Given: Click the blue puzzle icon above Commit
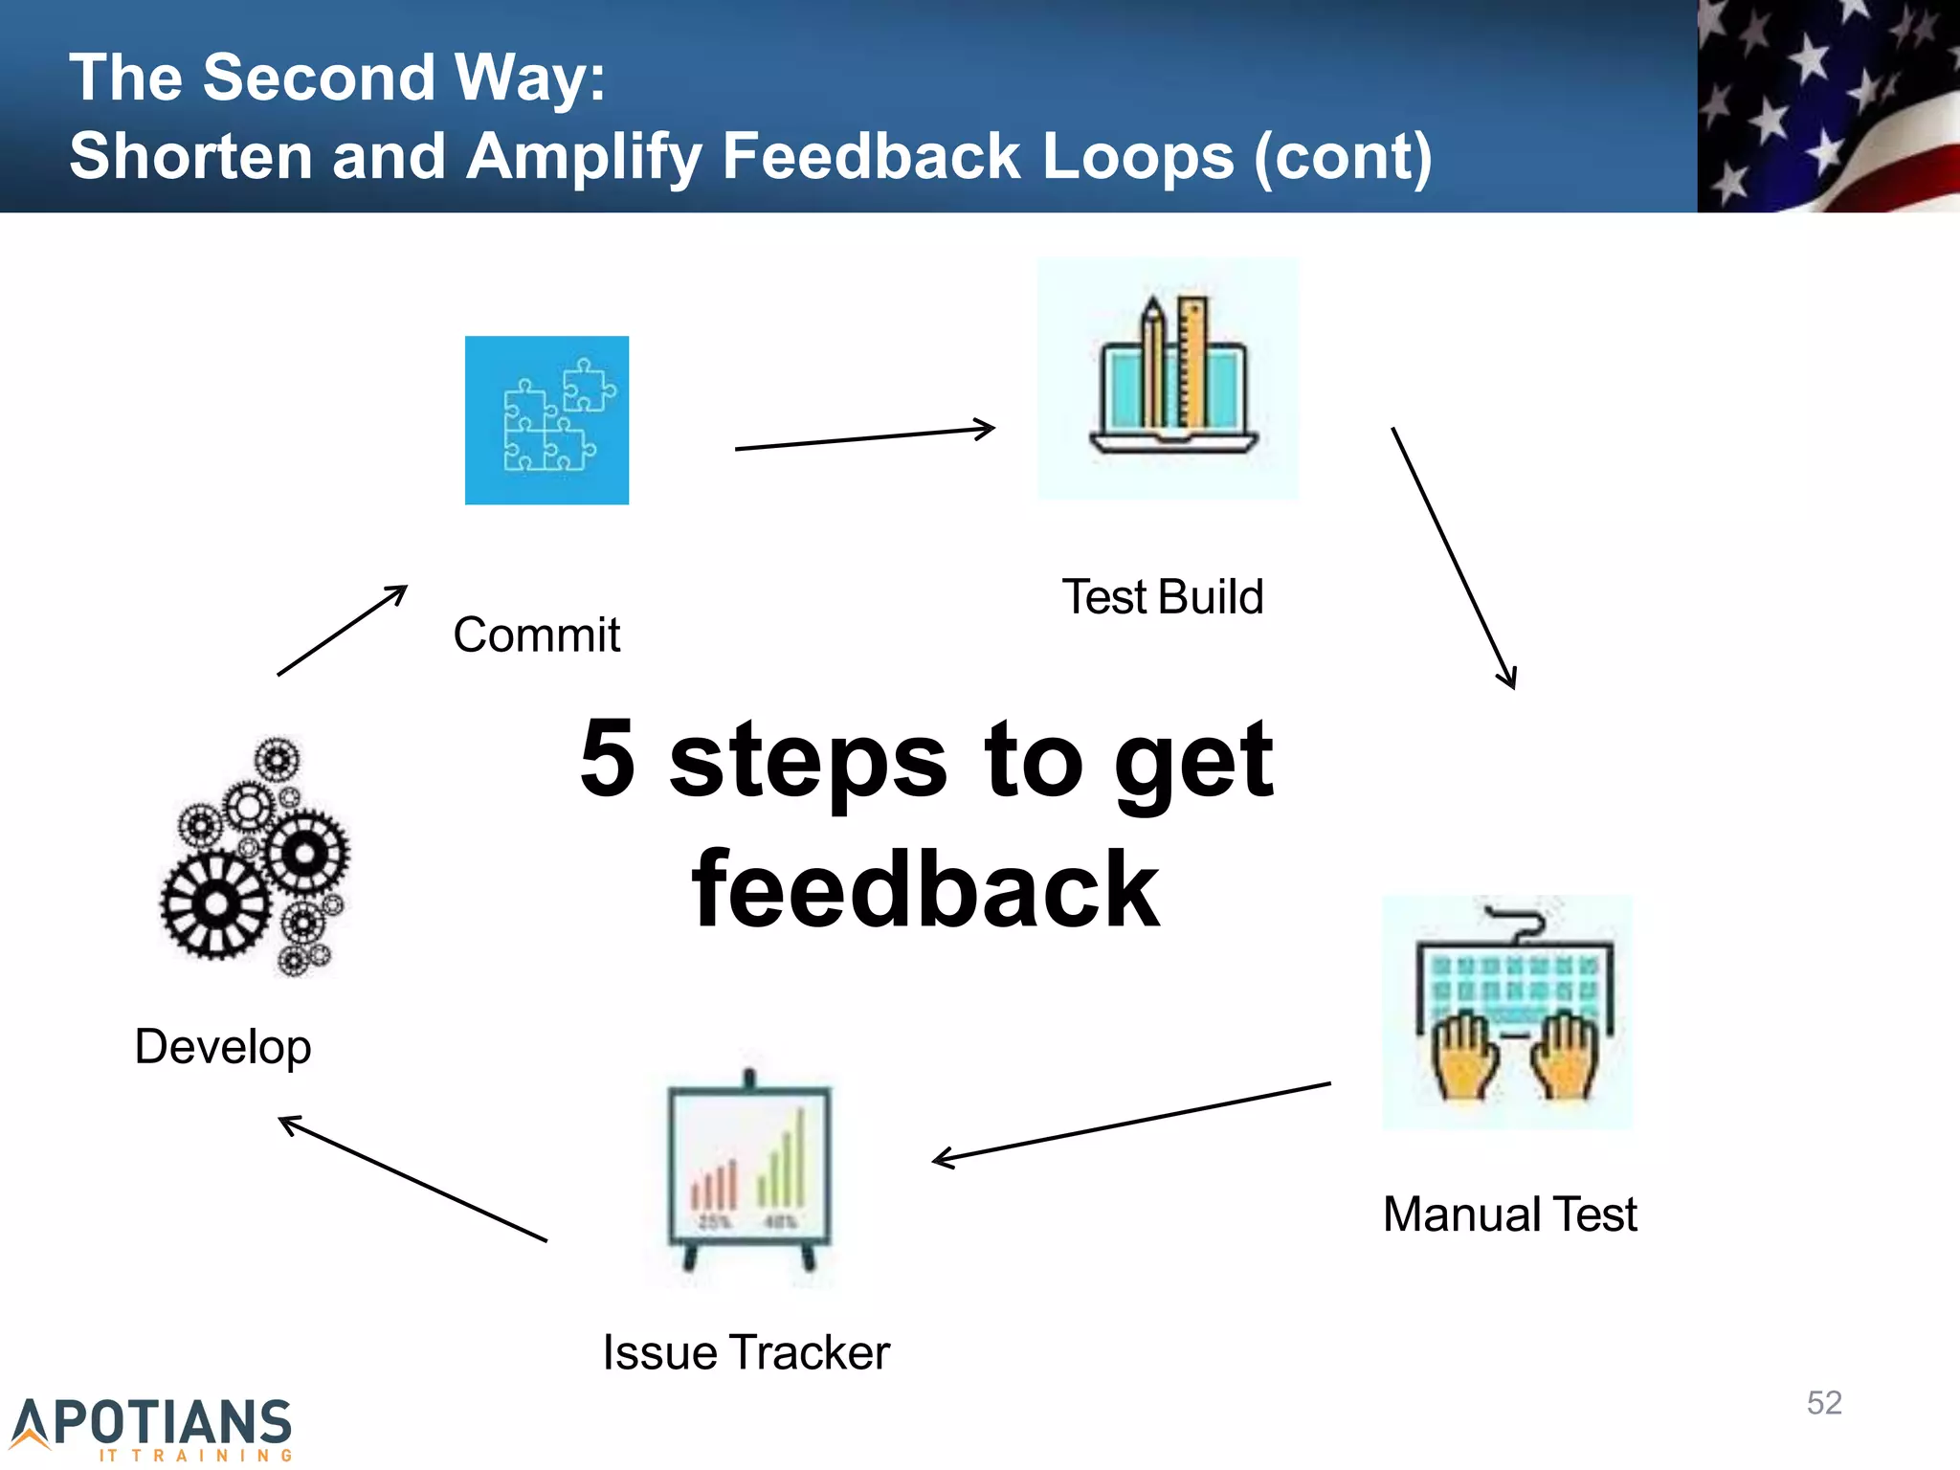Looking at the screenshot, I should tap(546, 420).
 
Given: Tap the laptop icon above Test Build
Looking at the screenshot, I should tap(1169, 379).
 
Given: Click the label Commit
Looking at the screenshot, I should tap(537, 635).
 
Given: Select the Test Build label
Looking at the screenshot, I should tap(1163, 597).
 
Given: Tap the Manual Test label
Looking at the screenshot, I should tap(1510, 1214).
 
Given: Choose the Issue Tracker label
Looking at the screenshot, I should tap(746, 1352).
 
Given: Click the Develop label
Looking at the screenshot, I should tap(223, 1046).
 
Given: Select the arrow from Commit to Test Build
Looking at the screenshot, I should tap(864, 438).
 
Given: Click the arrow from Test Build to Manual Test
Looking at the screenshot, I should tap(1453, 557).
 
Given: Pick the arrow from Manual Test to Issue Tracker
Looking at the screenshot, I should tap(1131, 1123).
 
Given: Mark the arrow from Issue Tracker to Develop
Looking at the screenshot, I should tap(412, 1179).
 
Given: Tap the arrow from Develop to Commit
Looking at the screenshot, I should tap(342, 631).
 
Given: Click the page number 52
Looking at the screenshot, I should tap(1824, 1403).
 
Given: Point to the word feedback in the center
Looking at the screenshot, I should tap(925, 890).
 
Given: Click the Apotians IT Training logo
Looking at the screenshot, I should tap(153, 1429).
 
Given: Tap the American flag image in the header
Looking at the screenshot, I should tap(1828, 105).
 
